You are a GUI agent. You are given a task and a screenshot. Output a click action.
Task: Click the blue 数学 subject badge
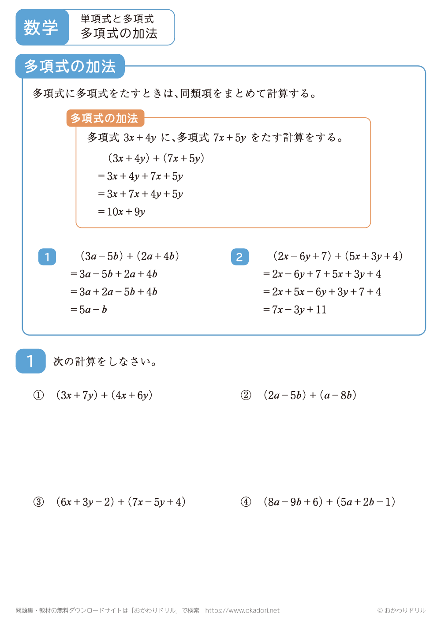[x=42, y=27]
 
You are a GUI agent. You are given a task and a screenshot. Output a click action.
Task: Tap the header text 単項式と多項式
[x=117, y=19]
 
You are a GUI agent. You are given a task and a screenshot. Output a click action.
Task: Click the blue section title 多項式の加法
[x=70, y=67]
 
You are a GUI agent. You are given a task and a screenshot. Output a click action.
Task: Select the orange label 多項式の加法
[x=105, y=118]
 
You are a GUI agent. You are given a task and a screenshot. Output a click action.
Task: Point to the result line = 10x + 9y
[x=122, y=212]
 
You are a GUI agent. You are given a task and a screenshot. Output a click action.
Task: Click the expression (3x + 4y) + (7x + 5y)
[x=156, y=158]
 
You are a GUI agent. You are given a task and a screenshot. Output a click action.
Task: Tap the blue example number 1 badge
[x=47, y=257]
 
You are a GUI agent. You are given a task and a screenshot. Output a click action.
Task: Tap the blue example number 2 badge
[x=239, y=257]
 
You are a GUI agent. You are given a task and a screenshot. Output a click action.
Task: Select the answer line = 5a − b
[x=89, y=310]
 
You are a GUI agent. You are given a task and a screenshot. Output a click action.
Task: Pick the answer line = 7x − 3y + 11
[x=295, y=310]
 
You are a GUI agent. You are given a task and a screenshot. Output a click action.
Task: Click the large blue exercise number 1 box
[x=30, y=361]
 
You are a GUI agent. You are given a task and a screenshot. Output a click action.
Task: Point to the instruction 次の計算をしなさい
[x=105, y=362]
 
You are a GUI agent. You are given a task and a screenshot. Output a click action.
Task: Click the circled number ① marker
[x=39, y=395]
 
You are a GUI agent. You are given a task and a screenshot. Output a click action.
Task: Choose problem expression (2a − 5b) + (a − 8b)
[x=310, y=395]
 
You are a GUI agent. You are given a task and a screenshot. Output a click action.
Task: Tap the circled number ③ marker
[x=39, y=502]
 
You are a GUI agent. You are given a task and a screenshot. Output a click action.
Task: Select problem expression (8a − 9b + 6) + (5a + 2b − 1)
[x=329, y=502]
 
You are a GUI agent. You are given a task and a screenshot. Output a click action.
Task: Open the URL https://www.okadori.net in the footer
[x=242, y=610]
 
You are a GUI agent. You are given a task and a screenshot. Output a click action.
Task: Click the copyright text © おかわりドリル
[x=401, y=610]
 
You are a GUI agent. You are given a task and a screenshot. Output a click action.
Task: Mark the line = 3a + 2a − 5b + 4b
[x=114, y=292]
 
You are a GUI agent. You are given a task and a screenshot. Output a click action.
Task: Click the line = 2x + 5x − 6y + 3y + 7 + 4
[x=322, y=292]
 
